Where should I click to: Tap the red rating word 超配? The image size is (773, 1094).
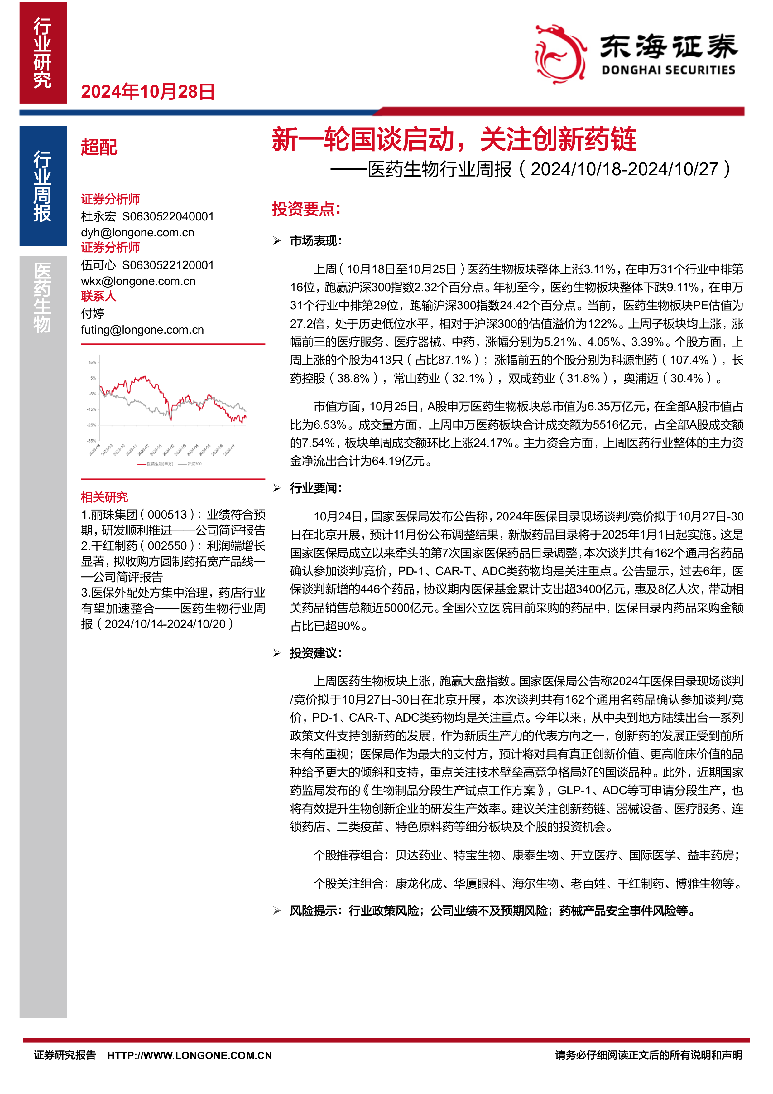(99, 147)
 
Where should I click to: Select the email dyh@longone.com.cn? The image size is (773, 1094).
(138, 233)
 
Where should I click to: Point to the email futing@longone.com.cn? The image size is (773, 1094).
(142, 330)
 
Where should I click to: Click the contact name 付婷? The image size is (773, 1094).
(93, 313)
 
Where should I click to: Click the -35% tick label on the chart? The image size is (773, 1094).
(91, 441)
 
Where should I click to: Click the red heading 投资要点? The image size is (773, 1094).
(306, 209)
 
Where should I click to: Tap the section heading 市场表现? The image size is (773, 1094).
(316, 241)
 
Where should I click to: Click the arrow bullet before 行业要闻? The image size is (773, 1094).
(277, 488)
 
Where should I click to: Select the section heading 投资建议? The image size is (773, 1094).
(316, 653)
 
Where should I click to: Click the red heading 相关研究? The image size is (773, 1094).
(104, 497)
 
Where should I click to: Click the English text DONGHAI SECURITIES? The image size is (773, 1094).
(668, 70)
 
